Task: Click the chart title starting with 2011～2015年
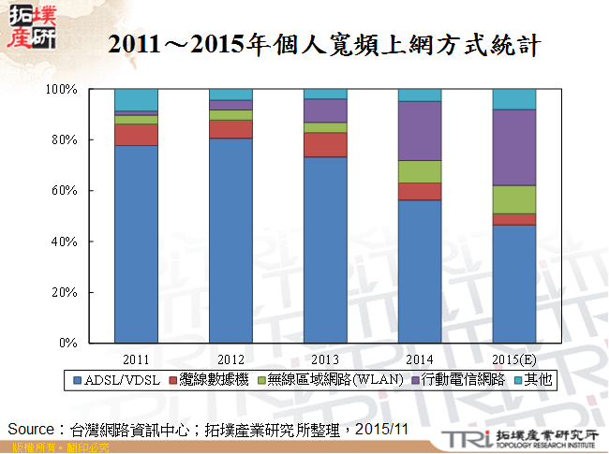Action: pos(323,44)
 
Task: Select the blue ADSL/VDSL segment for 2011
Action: pos(136,243)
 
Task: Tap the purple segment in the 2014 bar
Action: pos(419,131)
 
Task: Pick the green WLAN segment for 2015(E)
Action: pos(513,199)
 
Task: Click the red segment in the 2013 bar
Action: pos(324,144)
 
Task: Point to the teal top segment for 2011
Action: pos(136,100)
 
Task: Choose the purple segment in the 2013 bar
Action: pos(324,110)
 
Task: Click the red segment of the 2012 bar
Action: pos(230,129)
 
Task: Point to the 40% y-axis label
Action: pos(63,242)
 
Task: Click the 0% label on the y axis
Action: pos(67,344)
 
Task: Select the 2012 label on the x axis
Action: pos(230,358)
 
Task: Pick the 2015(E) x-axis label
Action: pos(513,358)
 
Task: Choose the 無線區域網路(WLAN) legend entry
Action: pos(334,379)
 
